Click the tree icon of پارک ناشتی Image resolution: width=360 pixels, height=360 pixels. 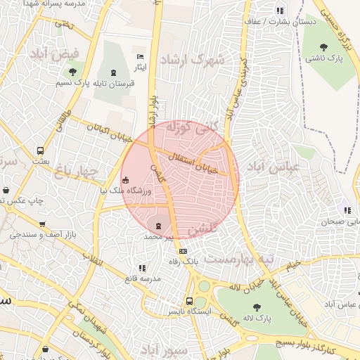[323, 47]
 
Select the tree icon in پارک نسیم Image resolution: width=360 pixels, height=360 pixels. [72, 72]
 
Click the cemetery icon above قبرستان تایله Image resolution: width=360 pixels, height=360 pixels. [114, 72]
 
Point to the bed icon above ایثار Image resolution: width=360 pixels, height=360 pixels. [140, 56]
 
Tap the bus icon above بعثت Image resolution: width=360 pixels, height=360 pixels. [40, 150]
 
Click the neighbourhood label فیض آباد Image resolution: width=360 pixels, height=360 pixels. [60, 53]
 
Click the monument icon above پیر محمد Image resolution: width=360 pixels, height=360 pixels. [158, 226]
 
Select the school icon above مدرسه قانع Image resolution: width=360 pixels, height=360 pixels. [143, 268]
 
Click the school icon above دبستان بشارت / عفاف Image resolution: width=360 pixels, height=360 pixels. [281, 11]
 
